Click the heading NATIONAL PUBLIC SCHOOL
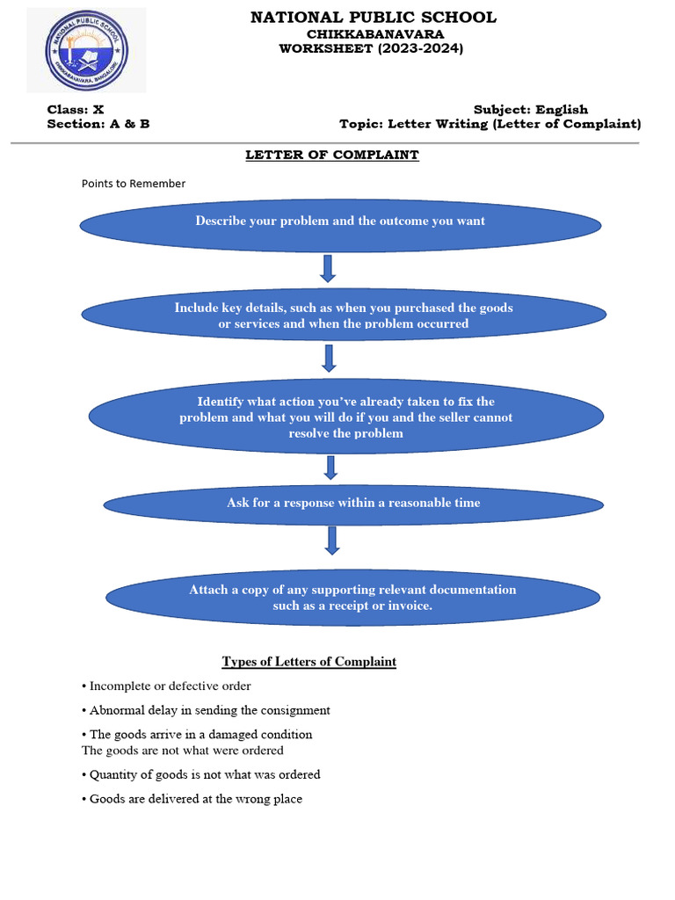tap(374, 18)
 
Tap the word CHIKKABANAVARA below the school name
tap(374, 33)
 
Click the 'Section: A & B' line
tap(98, 124)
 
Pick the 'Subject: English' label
tap(531, 110)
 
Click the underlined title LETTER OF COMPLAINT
tap(332, 155)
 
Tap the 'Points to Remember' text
tap(134, 184)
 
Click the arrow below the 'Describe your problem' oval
tap(328, 268)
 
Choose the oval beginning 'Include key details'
tap(344, 315)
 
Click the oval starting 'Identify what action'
tap(346, 417)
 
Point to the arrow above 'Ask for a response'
tap(330, 467)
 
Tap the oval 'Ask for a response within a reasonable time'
tap(353, 504)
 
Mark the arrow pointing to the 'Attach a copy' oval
tap(332, 541)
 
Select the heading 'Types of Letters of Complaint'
tap(309, 662)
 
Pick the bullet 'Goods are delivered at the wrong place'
tap(195, 799)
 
